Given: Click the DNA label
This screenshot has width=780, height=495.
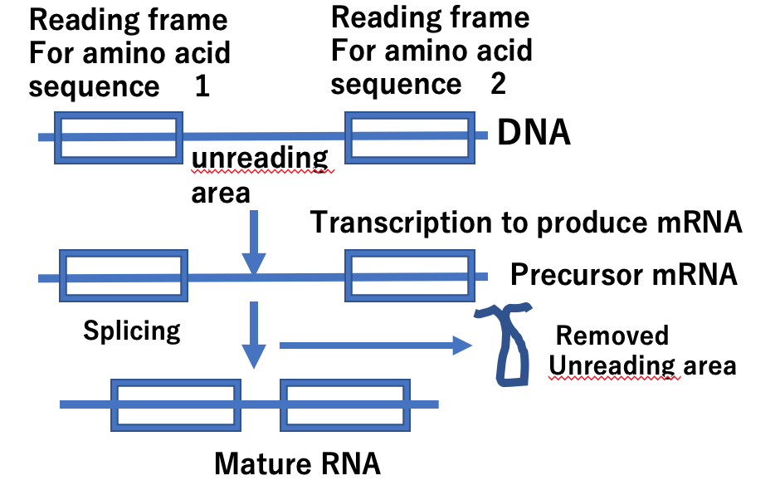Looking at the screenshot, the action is [534, 132].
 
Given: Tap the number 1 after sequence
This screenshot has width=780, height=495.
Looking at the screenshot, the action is [202, 86].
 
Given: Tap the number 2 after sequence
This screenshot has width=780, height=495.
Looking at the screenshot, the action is [498, 83].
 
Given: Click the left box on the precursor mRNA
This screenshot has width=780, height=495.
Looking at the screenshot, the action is [124, 251].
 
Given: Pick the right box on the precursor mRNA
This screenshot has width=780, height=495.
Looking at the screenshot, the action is [410, 251].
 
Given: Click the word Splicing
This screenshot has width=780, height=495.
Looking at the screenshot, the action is [132, 331].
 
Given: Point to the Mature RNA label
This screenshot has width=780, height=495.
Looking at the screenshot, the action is [297, 463].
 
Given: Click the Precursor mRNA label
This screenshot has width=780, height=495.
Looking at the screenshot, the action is [624, 274].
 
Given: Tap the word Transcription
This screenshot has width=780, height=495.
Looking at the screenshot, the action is [402, 222].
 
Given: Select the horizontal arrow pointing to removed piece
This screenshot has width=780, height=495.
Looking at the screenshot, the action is [376, 346].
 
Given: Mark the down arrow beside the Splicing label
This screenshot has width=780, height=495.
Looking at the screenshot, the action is [254, 335].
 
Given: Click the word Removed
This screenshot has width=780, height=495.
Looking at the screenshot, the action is [612, 336].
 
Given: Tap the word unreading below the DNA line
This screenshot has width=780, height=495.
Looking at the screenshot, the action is [260, 159].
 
